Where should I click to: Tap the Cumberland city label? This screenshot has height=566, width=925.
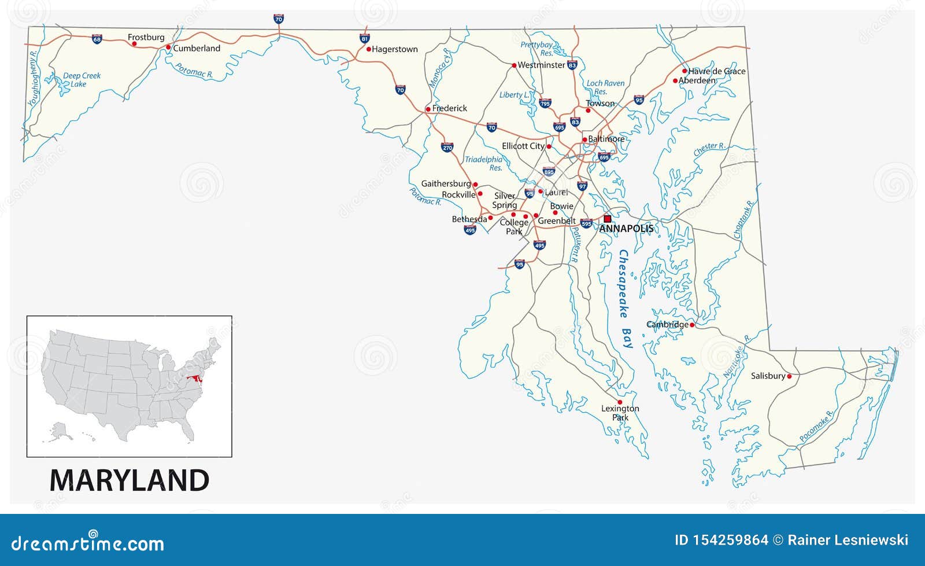point(197,49)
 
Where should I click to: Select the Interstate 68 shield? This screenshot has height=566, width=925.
point(97,39)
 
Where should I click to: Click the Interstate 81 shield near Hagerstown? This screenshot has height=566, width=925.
point(364,39)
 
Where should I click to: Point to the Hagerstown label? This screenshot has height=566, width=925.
point(395,50)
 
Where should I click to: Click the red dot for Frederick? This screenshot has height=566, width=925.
point(428,109)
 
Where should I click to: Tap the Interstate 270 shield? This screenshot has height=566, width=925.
point(447,147)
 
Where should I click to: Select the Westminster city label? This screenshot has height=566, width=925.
point(541,65)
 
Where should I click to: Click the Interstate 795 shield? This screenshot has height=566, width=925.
point(545,103)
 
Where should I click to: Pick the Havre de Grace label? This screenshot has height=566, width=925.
point(717,71)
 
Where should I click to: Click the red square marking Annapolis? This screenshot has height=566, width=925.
point(607,219)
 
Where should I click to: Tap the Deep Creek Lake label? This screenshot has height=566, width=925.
point(81,80)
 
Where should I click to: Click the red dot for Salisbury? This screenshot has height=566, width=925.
point(789,376)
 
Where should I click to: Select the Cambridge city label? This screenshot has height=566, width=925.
point(667,325)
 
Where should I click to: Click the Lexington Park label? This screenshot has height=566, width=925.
point(620,413)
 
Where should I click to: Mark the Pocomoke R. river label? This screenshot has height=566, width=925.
point(816,427)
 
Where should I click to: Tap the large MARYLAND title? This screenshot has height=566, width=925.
point(129,480)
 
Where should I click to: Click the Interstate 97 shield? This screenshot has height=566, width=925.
point(582,186)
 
